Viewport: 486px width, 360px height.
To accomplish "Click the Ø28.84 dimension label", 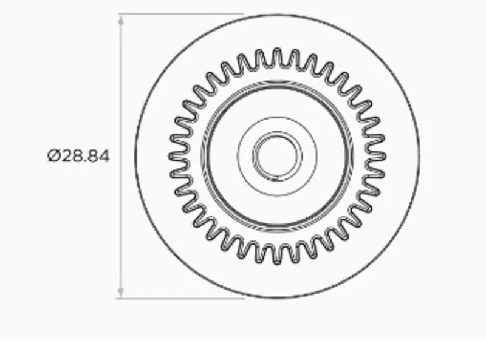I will pyautogui.click(x=78, y=156).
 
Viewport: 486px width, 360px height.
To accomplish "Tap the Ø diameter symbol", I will pyautogui.click(x=53, y=156).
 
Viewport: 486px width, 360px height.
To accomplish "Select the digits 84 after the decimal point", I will pyautogui.click(x=99, y=156).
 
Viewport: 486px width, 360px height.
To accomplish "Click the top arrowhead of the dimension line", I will pyautogui.click(x=121, y=18).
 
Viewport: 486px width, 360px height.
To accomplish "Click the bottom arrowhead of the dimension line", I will pyautogui.click(x=121, y=293).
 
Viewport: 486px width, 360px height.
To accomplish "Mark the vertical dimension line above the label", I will pyautogui.click(x=121, y=79).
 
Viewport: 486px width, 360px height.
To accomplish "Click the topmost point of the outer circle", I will pyautogui.click(x=277, y=13).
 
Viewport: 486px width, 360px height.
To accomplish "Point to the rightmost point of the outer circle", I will pyautogui.click(x=420, y=156).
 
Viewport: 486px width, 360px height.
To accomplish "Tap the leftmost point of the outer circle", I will pyautogui.click(x=135, y=156).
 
